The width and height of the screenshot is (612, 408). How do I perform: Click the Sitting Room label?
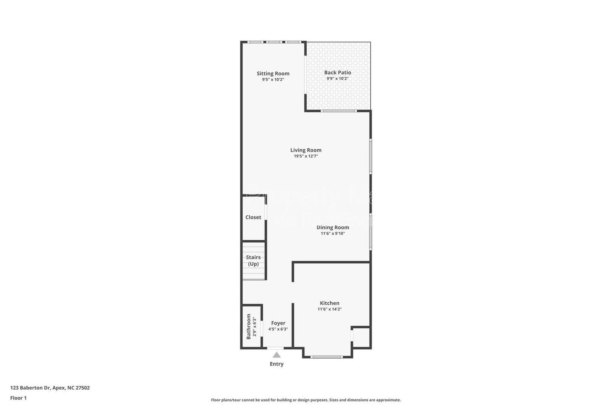(273, 73)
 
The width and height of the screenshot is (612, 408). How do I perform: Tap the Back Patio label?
(337, 72)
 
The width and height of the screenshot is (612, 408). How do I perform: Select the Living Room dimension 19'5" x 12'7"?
(306, 156)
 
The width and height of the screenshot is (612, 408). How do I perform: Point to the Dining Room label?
(332, 227)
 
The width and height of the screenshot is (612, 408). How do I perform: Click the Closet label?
(253, 217)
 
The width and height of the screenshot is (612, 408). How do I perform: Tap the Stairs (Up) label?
(253, 261)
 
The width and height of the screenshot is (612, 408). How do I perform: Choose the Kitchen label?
(329, 303)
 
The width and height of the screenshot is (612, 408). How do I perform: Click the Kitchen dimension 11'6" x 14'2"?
(329, 309)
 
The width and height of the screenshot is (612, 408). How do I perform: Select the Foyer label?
(278, 323)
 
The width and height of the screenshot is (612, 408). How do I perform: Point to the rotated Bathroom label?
(249, 326)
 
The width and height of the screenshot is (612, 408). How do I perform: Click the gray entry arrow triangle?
(277, 355)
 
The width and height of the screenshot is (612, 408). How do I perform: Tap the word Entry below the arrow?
(277, 364)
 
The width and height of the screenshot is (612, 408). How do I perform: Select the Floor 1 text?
(18, 398)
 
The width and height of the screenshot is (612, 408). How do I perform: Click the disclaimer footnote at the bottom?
(306, 400)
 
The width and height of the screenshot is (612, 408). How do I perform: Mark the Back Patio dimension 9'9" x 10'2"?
(337, 78)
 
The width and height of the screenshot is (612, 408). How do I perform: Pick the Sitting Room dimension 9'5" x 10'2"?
(273, 80)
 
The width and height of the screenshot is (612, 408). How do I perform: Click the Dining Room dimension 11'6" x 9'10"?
(332, 233)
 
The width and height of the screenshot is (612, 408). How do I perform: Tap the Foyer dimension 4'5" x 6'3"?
(278, 329)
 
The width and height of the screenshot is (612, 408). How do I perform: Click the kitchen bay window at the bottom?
(326, 357)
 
